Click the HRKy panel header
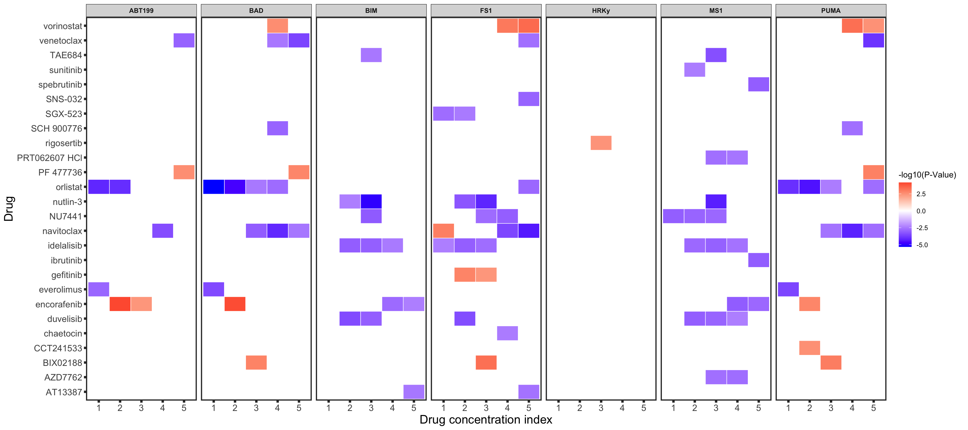(x=601, y=11)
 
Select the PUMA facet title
(x=830, y=11)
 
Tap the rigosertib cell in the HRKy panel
(x=601, y=143)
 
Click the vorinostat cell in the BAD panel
(x=277, y=26)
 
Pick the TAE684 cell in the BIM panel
(x=371, y=55)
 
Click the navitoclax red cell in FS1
(x=443, y=231)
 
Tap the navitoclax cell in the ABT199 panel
(x=162, y=231)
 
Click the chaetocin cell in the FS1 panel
(x=507, y=333)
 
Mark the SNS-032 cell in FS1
(x=529, y=99)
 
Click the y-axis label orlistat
(x=69, y=187)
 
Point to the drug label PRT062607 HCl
(x=49, y=158)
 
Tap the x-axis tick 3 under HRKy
(x=601, y=408)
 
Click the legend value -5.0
(x=922, y=245)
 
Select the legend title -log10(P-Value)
(x=927, y=175)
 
